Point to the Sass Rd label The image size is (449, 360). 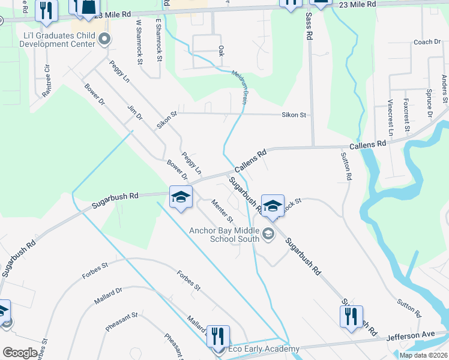(x=309, y=28)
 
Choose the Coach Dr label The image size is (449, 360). (x=427, y=42)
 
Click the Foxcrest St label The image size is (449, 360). (x=407, y=115)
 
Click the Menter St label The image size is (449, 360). (x=222, y=213)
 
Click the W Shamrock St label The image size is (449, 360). (x=139, y=42)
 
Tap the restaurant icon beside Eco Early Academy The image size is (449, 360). (x=217, y=335)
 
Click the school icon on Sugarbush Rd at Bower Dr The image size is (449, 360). (x=181, y=197)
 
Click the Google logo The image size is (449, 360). (x=19, y=352)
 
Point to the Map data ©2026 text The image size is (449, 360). (x=423, y=355)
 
